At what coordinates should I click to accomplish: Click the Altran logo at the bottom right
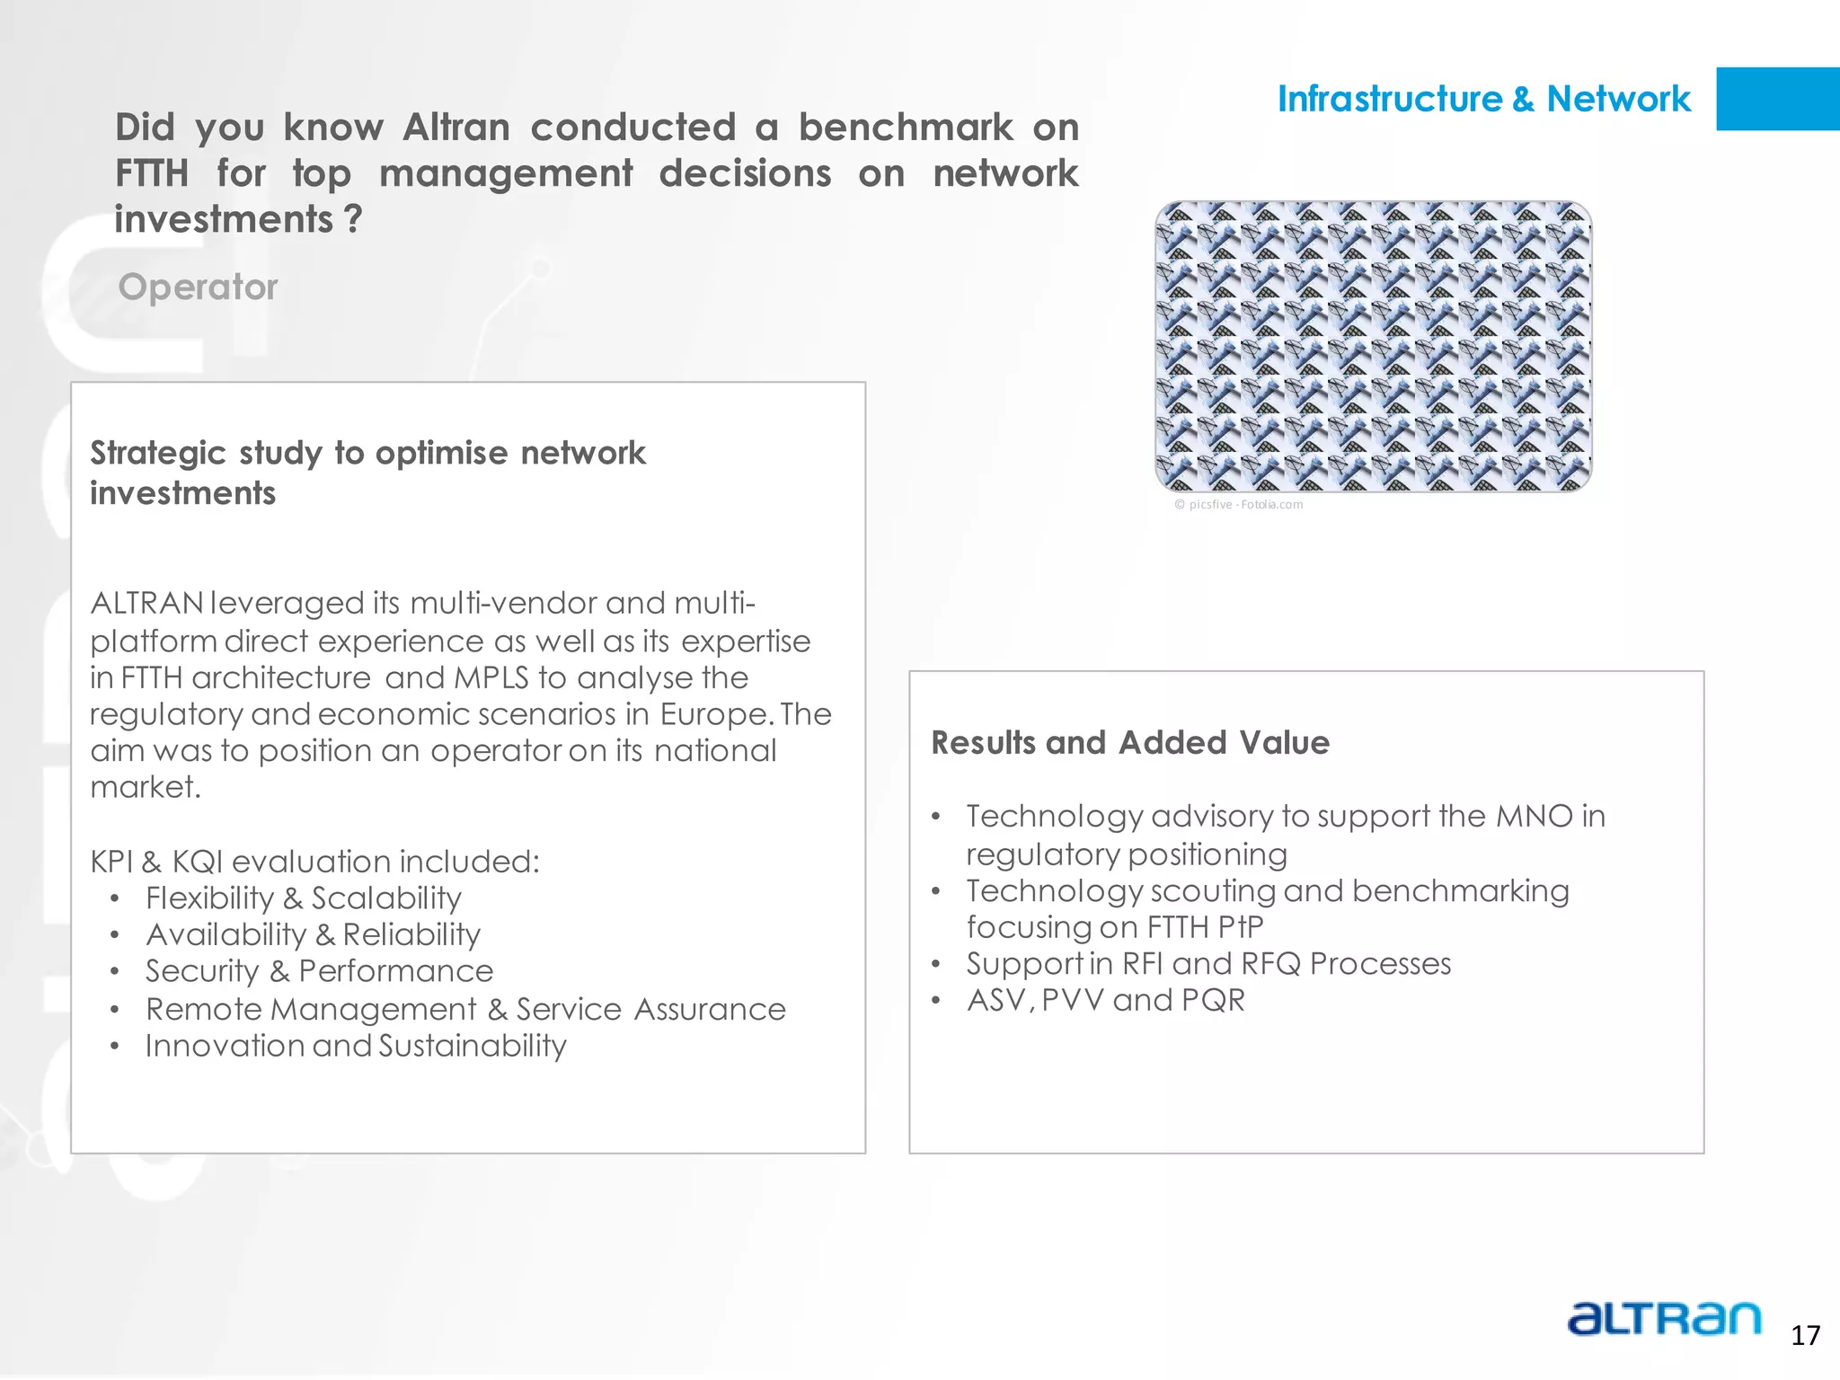[x=1664, y=1319]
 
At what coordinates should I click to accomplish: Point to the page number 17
[x=1805, y=1336]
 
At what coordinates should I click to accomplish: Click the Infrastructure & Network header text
[x=1483, y=99]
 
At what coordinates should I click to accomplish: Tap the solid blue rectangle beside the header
[x=1777, y=99]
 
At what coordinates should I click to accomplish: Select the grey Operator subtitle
[x=198, y=287]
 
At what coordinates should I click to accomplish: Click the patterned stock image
[x=1373, y=346]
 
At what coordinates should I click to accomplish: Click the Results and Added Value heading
[x=1129, y=743]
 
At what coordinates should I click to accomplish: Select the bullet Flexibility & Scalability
[x=304, y=898]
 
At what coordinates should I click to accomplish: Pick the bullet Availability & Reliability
[x=313, y=935]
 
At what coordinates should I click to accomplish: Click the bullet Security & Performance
[x=319, y=971]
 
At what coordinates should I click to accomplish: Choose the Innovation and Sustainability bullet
[x=356, y=1046]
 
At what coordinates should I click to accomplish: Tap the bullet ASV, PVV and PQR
[x=1105, y=1000]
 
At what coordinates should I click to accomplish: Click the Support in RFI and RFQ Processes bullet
[x=1207, y=964]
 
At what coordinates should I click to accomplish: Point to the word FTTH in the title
[x=152, y=173]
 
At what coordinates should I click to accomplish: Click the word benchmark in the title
[x=905, y=128]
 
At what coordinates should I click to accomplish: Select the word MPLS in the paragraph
[x=491, y=677]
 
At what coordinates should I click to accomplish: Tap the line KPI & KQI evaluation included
[x=314, y=862]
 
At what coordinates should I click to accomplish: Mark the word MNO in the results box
[x=1534, y=817]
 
